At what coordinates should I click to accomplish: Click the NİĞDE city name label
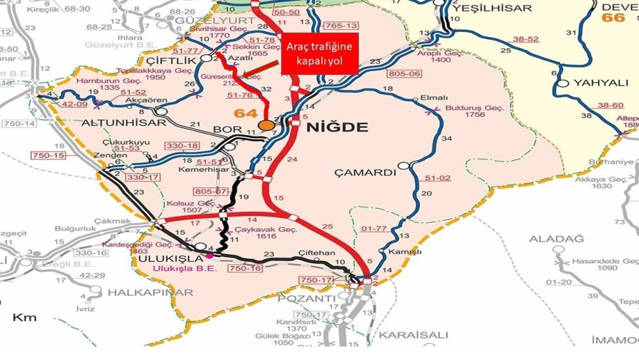(x=338, y=127)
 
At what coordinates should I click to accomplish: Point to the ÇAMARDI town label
(x=366, y=173)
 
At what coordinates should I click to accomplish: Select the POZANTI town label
(x=312, y=299)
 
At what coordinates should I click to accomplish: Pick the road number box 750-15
(x=49, y=155)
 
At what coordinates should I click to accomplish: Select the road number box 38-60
(x=610, y=105)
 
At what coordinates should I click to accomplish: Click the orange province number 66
(x=613, y=17)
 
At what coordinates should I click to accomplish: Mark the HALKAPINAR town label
(x=150, y=292)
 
